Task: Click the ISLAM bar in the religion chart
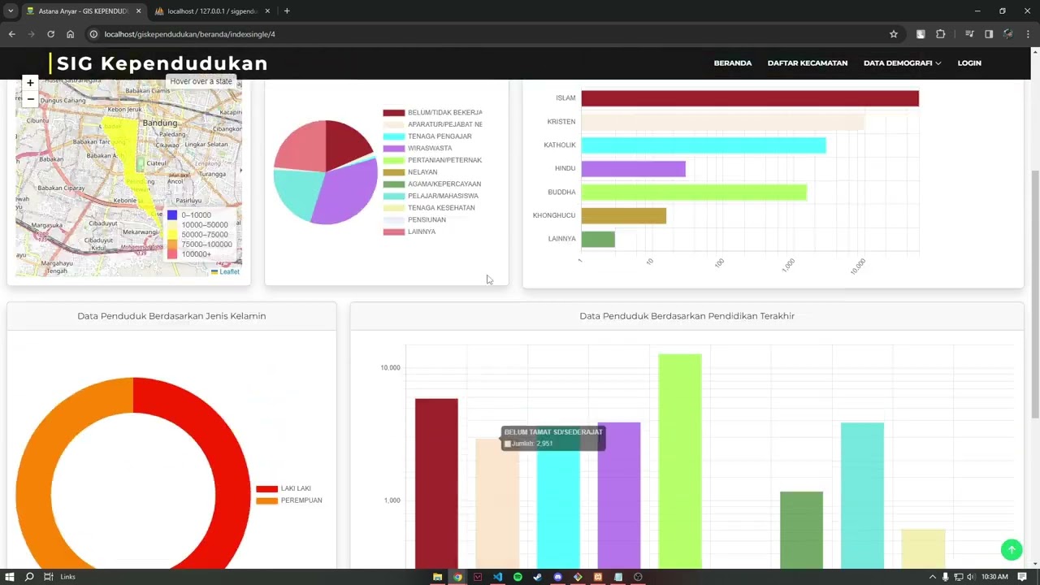749,98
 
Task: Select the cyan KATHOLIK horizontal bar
703,145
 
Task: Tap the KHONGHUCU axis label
554,215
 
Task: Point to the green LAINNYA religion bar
598,239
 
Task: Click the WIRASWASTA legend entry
429,149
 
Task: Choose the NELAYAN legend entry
422,172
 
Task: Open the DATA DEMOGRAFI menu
902,63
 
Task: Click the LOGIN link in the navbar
968,63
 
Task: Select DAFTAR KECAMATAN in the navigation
807,63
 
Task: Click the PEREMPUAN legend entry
301,500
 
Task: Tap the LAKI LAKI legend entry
295,489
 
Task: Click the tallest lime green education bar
679,455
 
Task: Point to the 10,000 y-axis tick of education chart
390,368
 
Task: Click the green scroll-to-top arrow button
1011,550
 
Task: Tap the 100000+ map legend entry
196,254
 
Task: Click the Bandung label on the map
159,123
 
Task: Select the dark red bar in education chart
436,479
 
